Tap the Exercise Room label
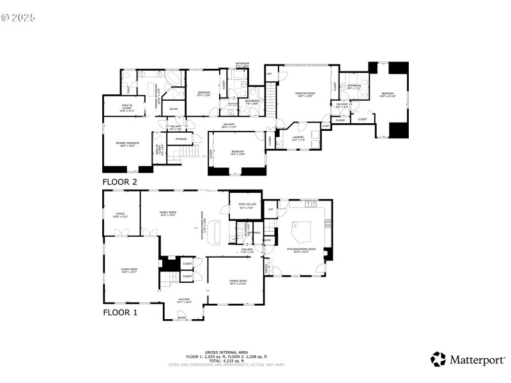click(304, 94)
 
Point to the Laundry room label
click(298, 137)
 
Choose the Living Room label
click(130, 271)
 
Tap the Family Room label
click(168, 214)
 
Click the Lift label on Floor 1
click(271, 209)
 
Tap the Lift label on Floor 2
click(269, 74)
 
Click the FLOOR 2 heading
click(120, 182)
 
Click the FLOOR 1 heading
click(120, 313)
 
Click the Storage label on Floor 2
click(181, 139)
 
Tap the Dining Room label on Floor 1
click(238, 282)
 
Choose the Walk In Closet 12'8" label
click(123, 108)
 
